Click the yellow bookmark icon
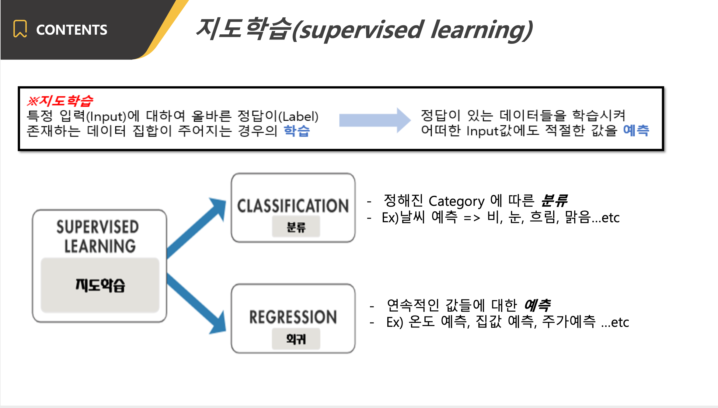pos(20,29)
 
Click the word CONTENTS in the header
pos(72,30)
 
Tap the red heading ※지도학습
pos(60,101)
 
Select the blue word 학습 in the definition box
pos(297,131)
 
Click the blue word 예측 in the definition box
pos(636,130)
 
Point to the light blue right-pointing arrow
pos(375,120)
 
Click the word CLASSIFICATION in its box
pos(293,206)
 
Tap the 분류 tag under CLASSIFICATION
pos(296,227)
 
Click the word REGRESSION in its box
pos(293,317)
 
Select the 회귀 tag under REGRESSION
pos(296,339)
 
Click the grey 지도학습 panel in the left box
pos(100,285)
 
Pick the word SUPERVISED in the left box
pos(98,227)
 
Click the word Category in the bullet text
pos(456,201)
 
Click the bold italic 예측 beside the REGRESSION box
pos(537,305)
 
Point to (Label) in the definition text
pos(298,116)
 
